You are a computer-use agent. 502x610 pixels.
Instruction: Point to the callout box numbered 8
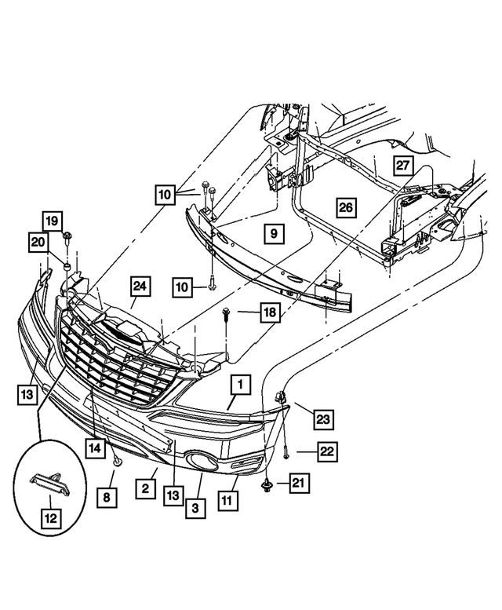[x=107, y=495]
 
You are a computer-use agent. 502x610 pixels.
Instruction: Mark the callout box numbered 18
[x=269, y=312]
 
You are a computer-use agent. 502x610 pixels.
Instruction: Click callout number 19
[x=51, y=221]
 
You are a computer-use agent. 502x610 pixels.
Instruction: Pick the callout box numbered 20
[x=38, y=244]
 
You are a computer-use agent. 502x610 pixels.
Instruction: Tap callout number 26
[x=346, y=207]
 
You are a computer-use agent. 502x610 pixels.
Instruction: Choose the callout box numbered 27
[x=402, y=166]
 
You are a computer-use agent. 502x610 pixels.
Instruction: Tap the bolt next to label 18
[x=227, y=314]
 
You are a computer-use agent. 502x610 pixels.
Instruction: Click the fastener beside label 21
[x=267, y=484]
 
